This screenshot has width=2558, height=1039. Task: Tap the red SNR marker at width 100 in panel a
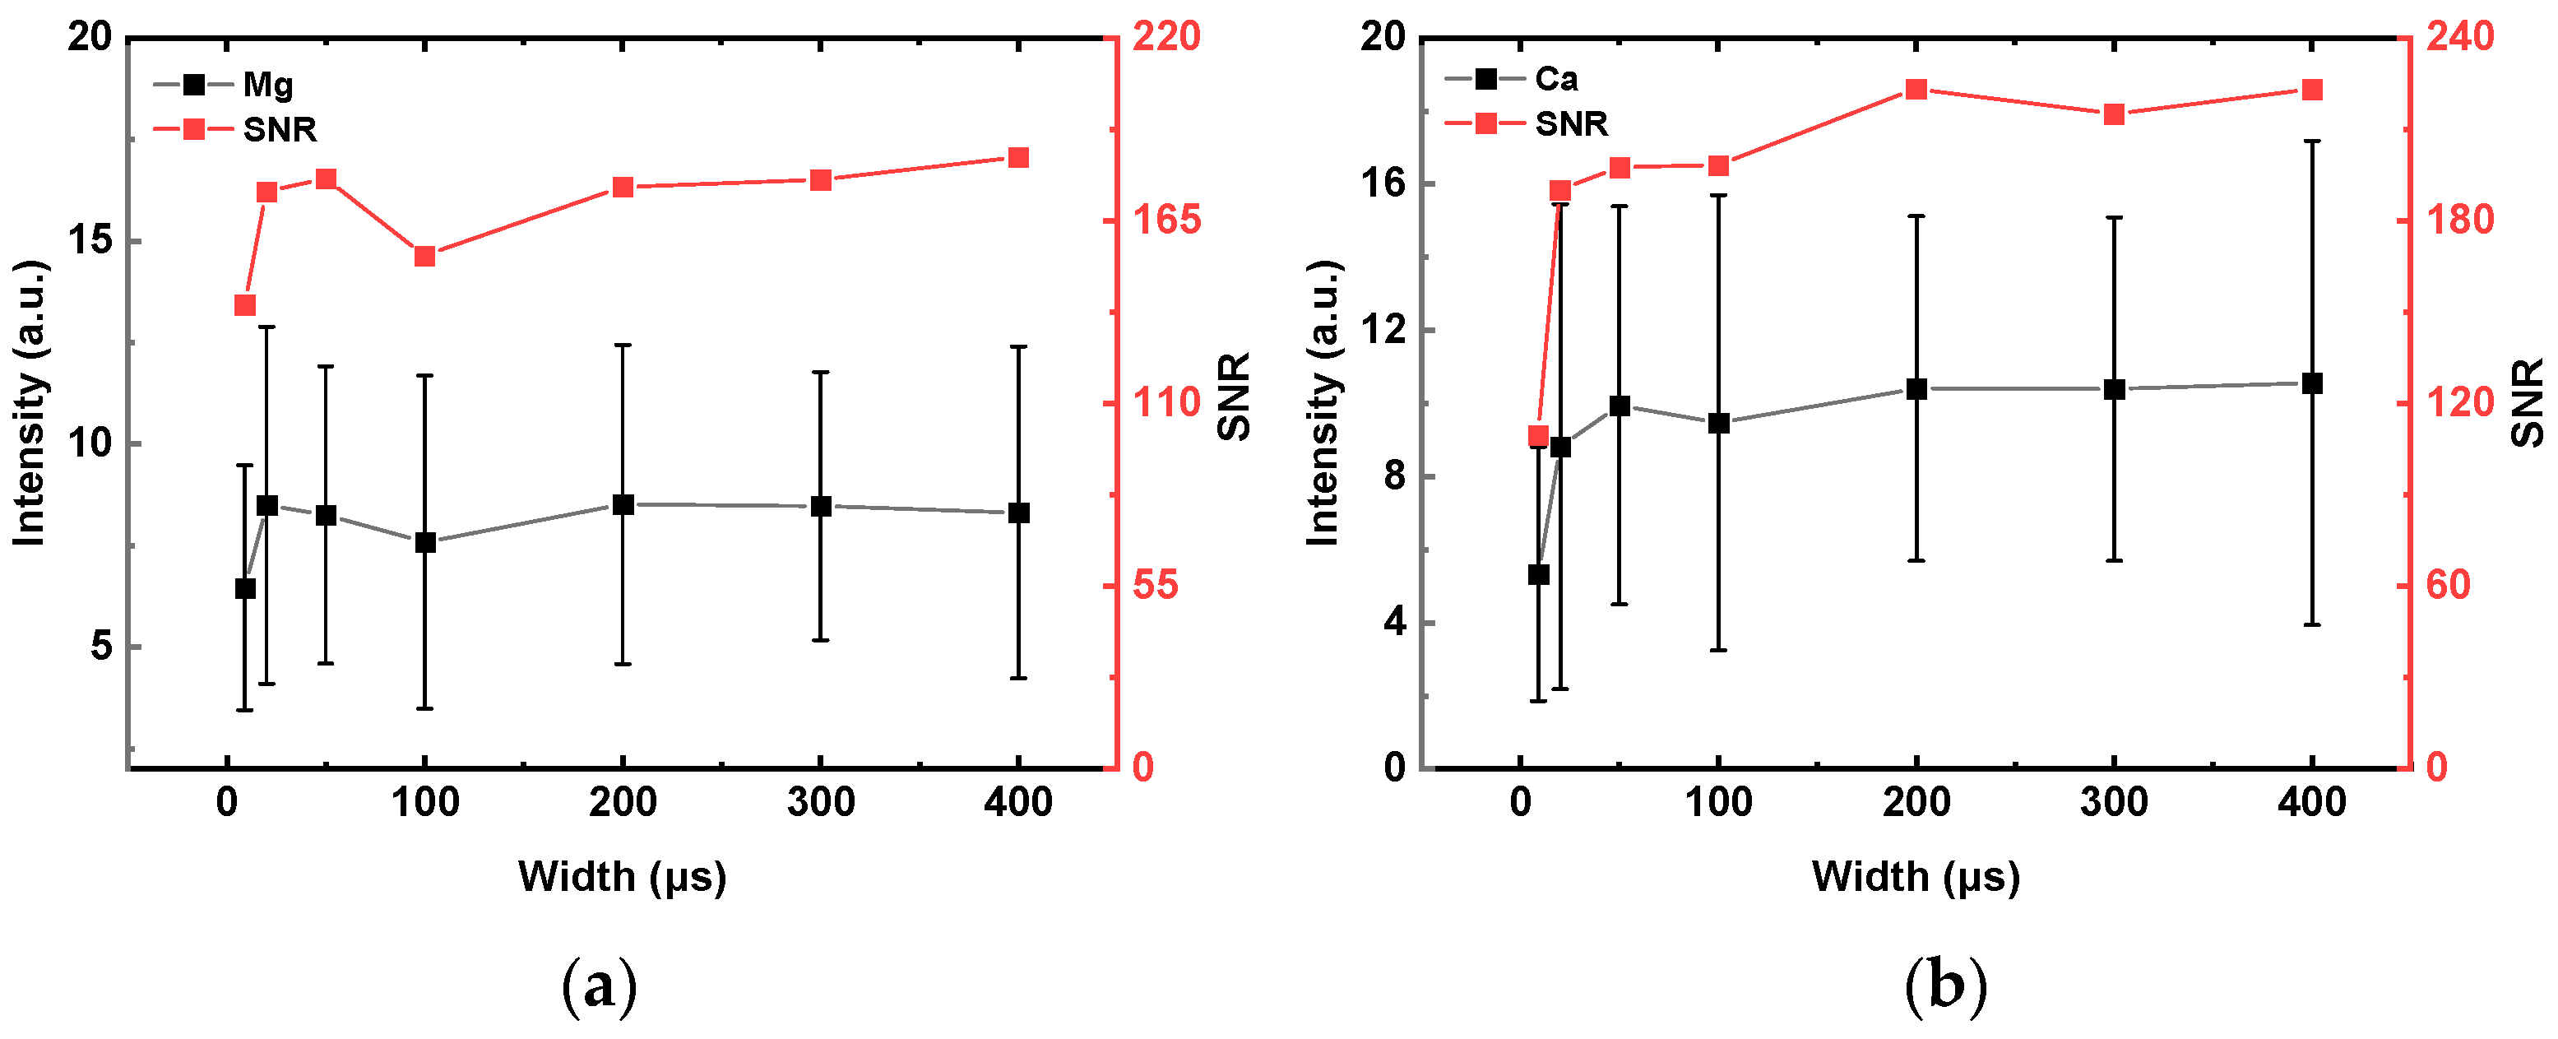(x=425, y=257)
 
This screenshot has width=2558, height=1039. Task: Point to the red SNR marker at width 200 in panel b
(x=1916, y=90)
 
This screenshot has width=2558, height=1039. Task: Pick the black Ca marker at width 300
(x=2113, y=389)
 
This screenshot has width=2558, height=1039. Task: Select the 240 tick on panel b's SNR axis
(x=2459, y=37)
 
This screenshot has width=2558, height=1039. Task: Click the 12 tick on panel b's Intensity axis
(x=1384, y=330)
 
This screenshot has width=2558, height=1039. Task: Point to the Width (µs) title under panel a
(x=622, y=876)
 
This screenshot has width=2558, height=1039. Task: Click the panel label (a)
(x=599, y=986)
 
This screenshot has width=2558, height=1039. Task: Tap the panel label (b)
(x=1945, y=986)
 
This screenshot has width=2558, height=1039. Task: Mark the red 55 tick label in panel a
(x=1155, y=585)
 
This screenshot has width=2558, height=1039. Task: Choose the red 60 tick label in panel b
(x=2448, y=585)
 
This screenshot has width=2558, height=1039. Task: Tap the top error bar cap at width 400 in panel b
(x=2312, y=141)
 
